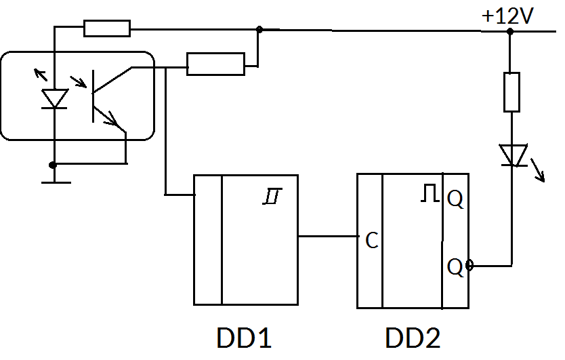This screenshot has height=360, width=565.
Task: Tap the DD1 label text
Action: pyautogui.click(x=244, y=338)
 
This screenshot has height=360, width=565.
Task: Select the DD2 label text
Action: pyautogui.click(x=413, y=338)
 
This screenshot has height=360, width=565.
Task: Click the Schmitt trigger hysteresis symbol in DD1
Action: pyautogui.click(x=272, y=197)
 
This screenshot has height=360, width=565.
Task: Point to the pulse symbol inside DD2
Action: pyautogui.click(x=429, y=195)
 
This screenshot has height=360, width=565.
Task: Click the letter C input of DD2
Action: pyautogui.click(x=371, y=240)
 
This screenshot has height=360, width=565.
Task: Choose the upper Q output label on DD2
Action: pyautogui.click(x=455, y=199)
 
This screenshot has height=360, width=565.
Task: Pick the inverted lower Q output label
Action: pyautogui.click(x=455, y=267)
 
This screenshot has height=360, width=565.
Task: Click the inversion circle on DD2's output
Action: pyautogui.click(x=469, y=266)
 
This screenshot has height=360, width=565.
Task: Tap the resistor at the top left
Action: pyautogui.click(x=107, y=28)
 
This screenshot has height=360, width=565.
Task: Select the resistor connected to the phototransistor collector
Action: pyautogui.click(x=215, y=64)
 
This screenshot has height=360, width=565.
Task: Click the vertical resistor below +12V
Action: pyautogui.click(x=511, y=92)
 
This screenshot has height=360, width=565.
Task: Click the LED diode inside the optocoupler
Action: pyautogui.click(x=54, y=98)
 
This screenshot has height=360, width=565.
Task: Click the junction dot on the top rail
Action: pyautogui.click(x=259, y=29)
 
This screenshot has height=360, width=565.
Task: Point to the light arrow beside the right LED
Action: pyautogui.click(x=538, y=171)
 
